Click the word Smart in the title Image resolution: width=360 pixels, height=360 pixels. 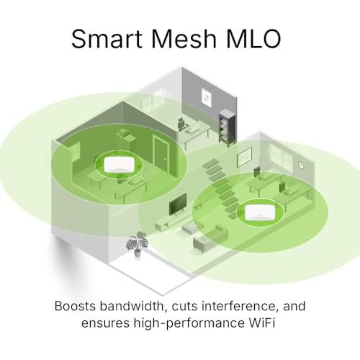click(107, 39)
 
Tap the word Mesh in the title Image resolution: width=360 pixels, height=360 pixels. click(184, 39)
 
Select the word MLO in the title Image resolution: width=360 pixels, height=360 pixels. click(253, 39)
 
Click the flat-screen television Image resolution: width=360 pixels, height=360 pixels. click(178, 204)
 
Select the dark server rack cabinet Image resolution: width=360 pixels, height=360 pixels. click(228, 127)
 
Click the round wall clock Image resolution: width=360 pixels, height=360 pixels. click(301, 165)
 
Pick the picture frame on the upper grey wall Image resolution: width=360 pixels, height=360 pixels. click(206, 96)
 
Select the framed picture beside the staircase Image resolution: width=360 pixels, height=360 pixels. click(245, 156)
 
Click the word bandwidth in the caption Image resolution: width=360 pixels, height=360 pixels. click(132, 306)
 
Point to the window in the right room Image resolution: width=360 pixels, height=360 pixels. click(281, 154)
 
